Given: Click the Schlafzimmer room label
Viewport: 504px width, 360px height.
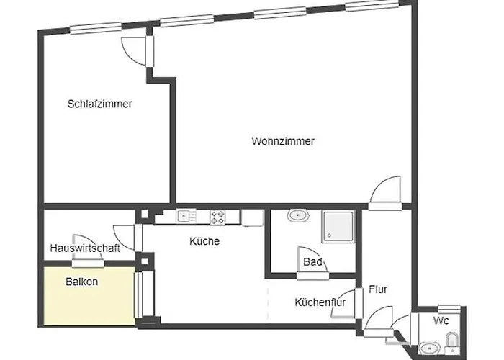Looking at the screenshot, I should tap(100, 104).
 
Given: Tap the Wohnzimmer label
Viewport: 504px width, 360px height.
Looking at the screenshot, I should tap(283, 141).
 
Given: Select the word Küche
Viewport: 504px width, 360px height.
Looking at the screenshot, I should tap(204, 241).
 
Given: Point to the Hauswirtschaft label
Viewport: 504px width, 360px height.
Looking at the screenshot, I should tap(85, 248).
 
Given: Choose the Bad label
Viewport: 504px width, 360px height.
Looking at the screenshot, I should tap(312, 262).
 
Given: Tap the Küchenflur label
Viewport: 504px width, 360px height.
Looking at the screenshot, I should tap(320, 302).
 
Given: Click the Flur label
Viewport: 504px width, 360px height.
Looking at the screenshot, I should tap(378, 289).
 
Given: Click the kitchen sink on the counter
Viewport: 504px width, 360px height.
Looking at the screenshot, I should tap(186, 215).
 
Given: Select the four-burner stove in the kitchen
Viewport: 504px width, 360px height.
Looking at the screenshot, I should tap(219, 215).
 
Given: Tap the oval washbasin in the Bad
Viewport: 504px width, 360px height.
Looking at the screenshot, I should tap(297, 215).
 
